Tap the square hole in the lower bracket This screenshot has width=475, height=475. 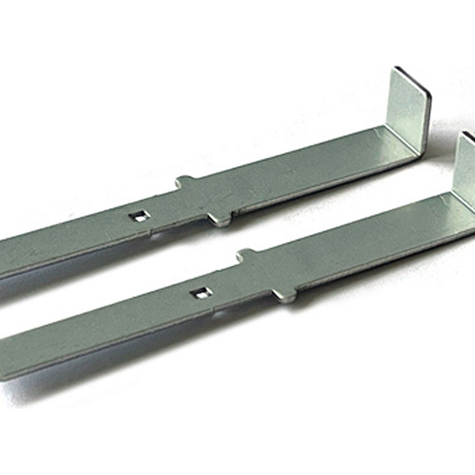coord(199,292)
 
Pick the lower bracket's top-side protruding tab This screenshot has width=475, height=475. coord(247,255)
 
